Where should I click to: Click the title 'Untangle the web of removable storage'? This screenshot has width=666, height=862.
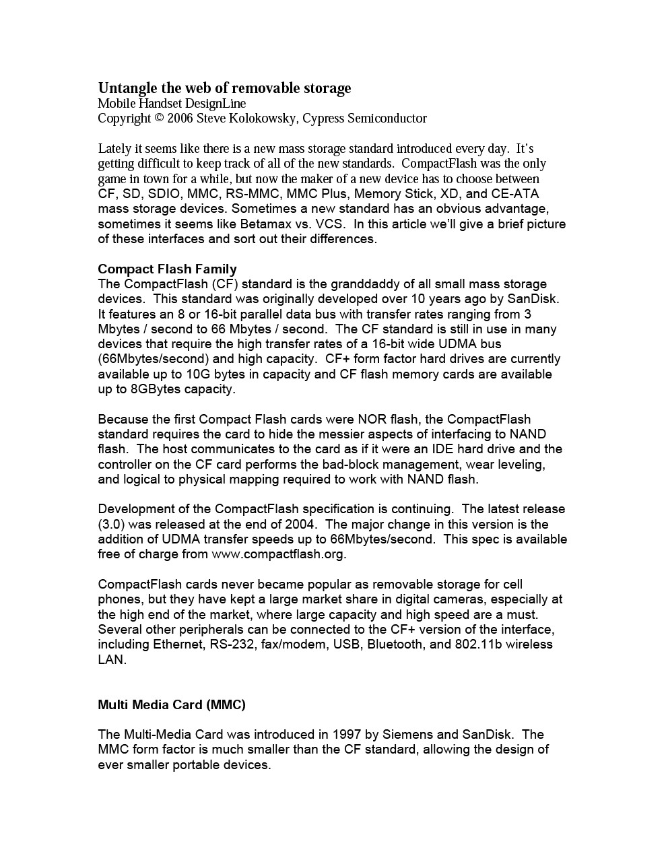[x=224, y=88]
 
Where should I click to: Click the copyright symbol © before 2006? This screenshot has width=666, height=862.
[x=159, y=119]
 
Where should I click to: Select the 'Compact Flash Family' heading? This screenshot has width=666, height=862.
[x=167, y=269]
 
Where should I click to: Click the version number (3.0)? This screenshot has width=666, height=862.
[x=111, y=525]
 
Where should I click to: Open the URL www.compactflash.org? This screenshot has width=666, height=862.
[x=277, y=554]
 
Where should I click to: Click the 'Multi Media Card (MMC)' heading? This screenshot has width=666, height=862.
[x=172, y=705]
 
